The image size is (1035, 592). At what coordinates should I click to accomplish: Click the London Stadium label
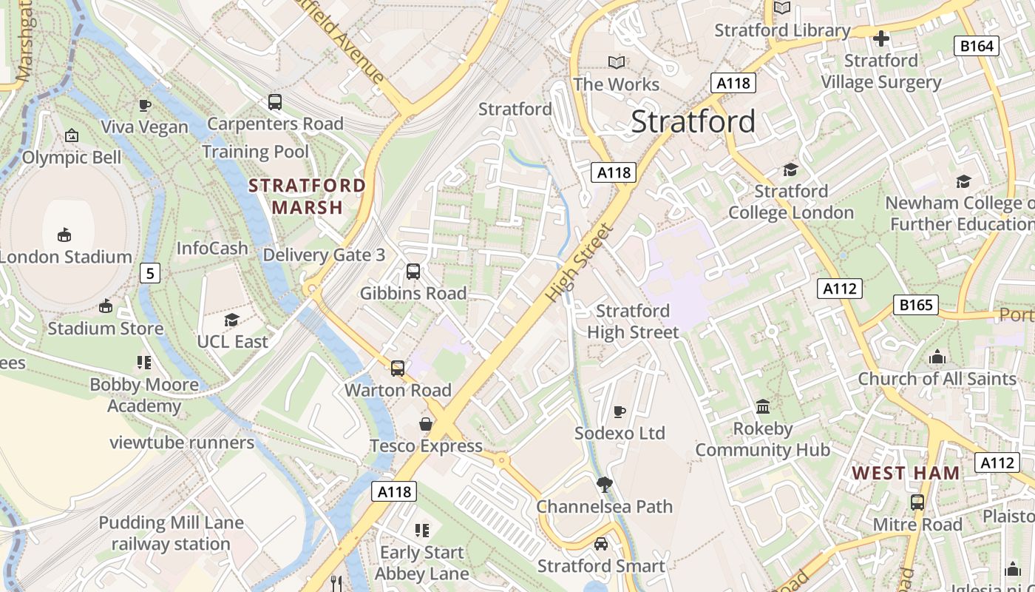[67, 257]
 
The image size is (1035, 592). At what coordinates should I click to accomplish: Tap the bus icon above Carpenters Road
[275, 102]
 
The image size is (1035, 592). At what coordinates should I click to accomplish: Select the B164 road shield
[977, 46]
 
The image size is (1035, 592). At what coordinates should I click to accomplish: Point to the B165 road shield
[915, 305]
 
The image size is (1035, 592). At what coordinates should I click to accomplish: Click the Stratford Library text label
[782, 30]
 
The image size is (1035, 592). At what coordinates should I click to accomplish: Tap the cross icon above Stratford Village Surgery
[881, 38]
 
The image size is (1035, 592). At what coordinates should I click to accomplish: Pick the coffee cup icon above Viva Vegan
[145, 105]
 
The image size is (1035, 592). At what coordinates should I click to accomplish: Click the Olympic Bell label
[72, 157]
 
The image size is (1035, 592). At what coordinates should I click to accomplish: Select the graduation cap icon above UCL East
[232, 320]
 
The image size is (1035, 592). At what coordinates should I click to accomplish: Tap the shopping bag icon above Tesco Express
[426, 424]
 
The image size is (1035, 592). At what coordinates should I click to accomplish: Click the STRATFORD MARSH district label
[307, 196]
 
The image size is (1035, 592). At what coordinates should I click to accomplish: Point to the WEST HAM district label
[906, 473]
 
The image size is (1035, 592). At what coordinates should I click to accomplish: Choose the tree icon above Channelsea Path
[604, 485]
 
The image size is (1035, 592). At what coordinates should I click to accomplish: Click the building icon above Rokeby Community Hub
[763, 406]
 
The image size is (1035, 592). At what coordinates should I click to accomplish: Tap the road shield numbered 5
[150, 274]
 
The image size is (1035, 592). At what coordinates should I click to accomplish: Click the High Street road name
[580, 263]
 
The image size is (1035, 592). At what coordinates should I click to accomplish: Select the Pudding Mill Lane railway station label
[171, 534]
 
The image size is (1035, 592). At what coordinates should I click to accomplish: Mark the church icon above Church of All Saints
[937, 357]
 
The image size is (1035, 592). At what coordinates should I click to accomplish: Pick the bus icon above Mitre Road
[917, 502]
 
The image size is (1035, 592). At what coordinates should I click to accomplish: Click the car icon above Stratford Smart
[601, 544]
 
